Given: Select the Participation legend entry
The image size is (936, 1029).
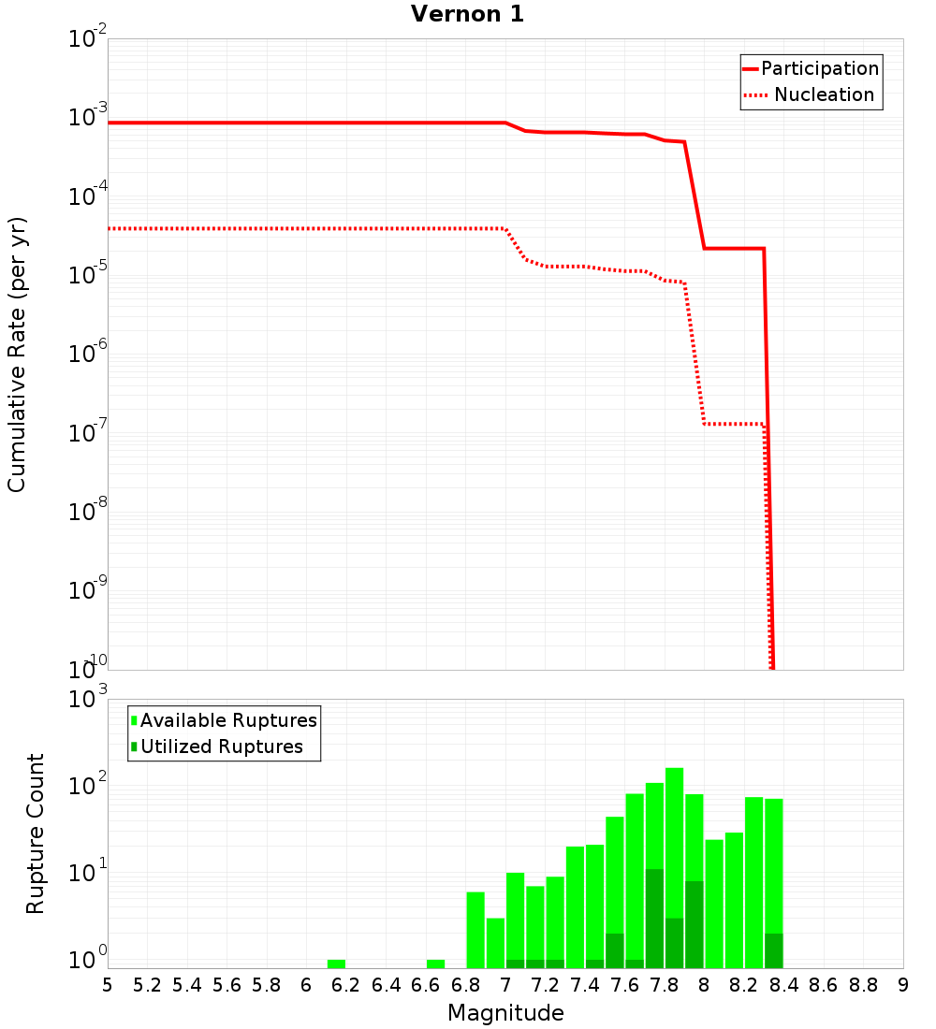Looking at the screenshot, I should pyautogui.click(x=820, y=68).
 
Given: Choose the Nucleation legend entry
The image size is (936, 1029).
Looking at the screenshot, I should pyautogui.click(x=824, y=94).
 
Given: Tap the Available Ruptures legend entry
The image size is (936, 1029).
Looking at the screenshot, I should pyautogui.click(x=228, y=720).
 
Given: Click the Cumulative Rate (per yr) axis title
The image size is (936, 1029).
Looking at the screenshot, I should pyautogui.click(x=17, y=354).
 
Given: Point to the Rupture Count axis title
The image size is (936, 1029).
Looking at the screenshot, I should pyautogui.click(x=36, y=833).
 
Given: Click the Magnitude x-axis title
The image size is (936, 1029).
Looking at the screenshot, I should pyautogui.click(x=505, y=1013).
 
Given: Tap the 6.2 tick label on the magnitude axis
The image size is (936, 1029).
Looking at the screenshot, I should pyautogui.click(x=345, y=985).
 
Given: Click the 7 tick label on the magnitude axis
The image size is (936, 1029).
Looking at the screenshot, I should pyautogui.click(x=505, y=985).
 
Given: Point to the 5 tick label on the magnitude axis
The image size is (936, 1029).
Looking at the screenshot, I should pyautogui.click(x=108, y=985).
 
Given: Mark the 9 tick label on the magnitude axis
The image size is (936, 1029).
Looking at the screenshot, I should pyautogui.click(x=903, y=985).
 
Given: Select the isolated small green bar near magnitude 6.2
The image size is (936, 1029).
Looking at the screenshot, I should pyautogui.click(x=336, y=964).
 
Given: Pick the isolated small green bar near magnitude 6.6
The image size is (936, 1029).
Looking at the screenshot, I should pyautogui.click(x=435, y=964).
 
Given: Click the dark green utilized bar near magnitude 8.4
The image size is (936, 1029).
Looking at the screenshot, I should pyautogui.click(x=773, y=950).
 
